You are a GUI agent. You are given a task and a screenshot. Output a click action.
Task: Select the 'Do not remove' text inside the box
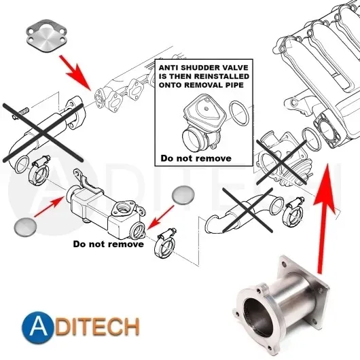pyautogui.click(x=196, y=158)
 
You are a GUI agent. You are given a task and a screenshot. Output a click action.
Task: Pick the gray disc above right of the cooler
pyautogui.click(x=183, y=194)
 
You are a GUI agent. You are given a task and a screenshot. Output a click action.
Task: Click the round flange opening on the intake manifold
pyautogui.click(x=328, y=130)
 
